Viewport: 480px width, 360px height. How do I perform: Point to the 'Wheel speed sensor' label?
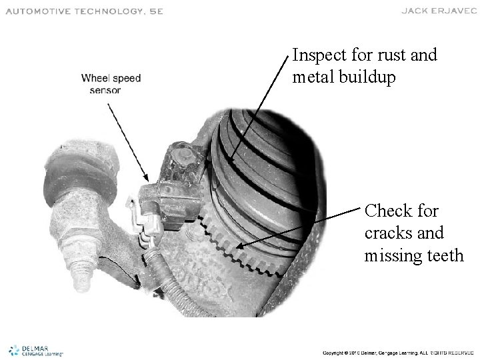[111, 84]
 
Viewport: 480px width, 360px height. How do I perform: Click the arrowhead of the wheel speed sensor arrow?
[147, 177]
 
